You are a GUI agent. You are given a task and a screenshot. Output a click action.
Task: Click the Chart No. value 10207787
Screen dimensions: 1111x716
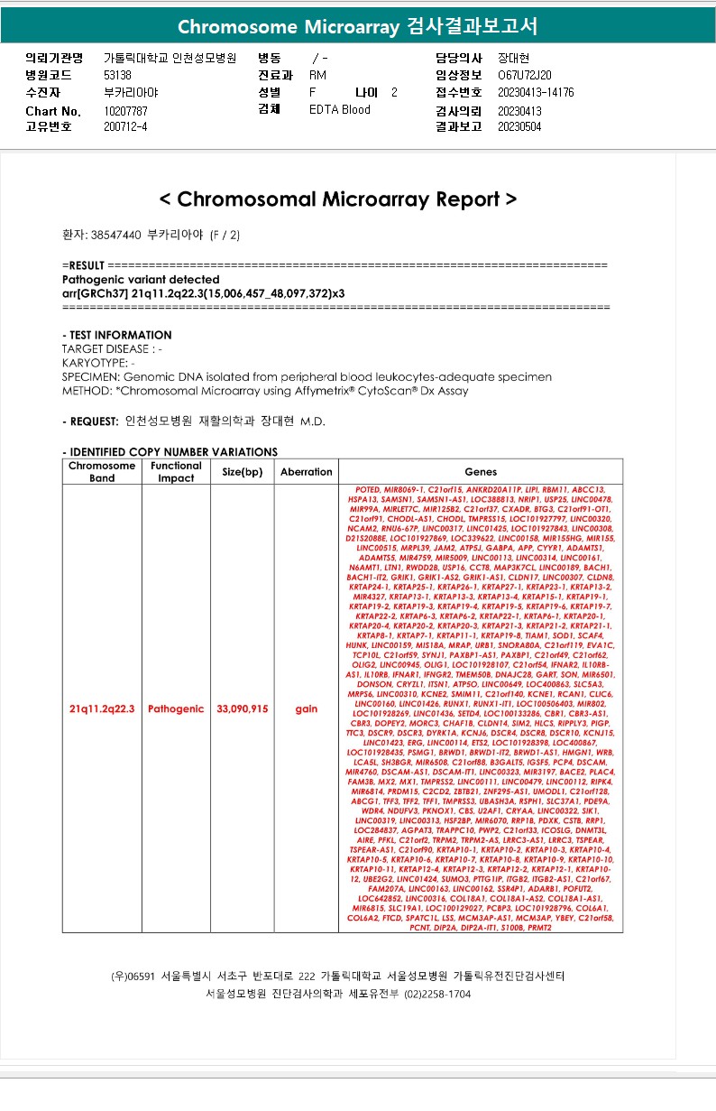pyautogui.click(x=126, y=111)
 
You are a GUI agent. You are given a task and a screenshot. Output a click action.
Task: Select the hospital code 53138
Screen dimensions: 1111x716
pyautogui.click(x=118, y=75)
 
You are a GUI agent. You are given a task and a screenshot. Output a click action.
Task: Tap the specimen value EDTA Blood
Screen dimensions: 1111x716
pyautogui.click(x=340, y=110)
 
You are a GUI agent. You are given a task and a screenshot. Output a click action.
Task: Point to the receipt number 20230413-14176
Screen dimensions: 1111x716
pyautogui.click(x=536, y=92)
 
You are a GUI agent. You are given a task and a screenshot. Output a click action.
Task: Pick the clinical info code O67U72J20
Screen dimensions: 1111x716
pyautogui.click(x=525, y=75)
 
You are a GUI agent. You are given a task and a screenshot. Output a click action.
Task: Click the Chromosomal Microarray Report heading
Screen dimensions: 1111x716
pyautogui.click(x=337, y=199)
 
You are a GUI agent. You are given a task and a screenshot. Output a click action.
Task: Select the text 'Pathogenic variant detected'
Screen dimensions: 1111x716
pyautogui.click(x=141, y=280)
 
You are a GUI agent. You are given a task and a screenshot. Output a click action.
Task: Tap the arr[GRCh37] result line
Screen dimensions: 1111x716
pyautogui.click(x=203, y=293)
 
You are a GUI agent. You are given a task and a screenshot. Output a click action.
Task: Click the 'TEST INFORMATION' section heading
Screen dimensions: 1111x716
pyautogui.click(x=116, y=335)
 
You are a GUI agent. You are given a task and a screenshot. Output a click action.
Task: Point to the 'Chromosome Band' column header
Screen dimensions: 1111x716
pyautogui.click(x=102, y=472)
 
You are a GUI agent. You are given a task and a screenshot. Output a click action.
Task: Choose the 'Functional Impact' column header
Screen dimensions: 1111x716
pyautogui.click(x=176, y=472)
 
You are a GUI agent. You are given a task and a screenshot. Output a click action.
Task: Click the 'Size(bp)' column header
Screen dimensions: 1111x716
pyautogui.click(x=243, y=472)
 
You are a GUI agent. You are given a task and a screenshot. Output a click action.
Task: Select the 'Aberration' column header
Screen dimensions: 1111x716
pyautogui.click(x=307, y=472)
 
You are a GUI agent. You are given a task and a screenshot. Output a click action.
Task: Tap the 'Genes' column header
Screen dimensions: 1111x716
pyautogui.click(x=481, y=472)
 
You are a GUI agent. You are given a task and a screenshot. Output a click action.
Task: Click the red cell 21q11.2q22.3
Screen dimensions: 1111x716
pyautogui.click(x=102, y=709)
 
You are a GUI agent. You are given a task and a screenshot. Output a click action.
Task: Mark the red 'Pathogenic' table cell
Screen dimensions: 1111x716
pyautogui.click(x=176, y=709)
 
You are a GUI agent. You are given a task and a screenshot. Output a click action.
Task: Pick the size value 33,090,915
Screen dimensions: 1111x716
pyautogui.click(x=243, y=709)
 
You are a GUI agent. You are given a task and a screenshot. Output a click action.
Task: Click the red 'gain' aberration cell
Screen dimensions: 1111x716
pyautogui.click(x=307, y=709)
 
